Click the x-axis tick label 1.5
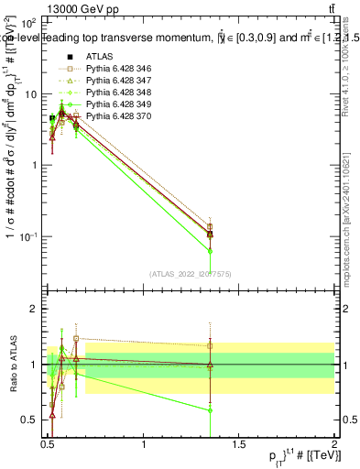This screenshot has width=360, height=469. click(239, 445)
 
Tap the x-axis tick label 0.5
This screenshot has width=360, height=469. click(48, 445)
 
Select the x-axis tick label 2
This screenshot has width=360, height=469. click(333, 445)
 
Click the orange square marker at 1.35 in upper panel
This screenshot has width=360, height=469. click(211, 227)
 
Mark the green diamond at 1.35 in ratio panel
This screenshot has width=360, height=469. click(211, 410)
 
